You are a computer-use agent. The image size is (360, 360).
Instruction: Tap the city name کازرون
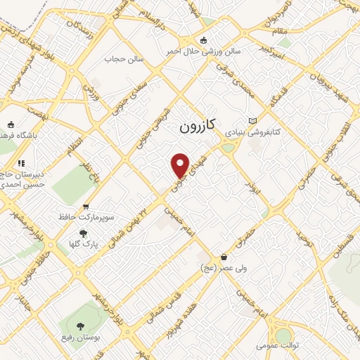click(200, 128)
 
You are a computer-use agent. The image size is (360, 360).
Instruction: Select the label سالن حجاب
click(124, 59)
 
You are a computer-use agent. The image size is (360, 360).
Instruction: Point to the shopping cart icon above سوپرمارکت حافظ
click(86, 207)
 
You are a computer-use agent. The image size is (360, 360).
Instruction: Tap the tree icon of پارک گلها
click(83, 233)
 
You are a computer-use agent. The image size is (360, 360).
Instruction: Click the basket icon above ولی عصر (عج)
click(224, 257)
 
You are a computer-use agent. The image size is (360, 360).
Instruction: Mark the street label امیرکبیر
click(269, 50)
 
